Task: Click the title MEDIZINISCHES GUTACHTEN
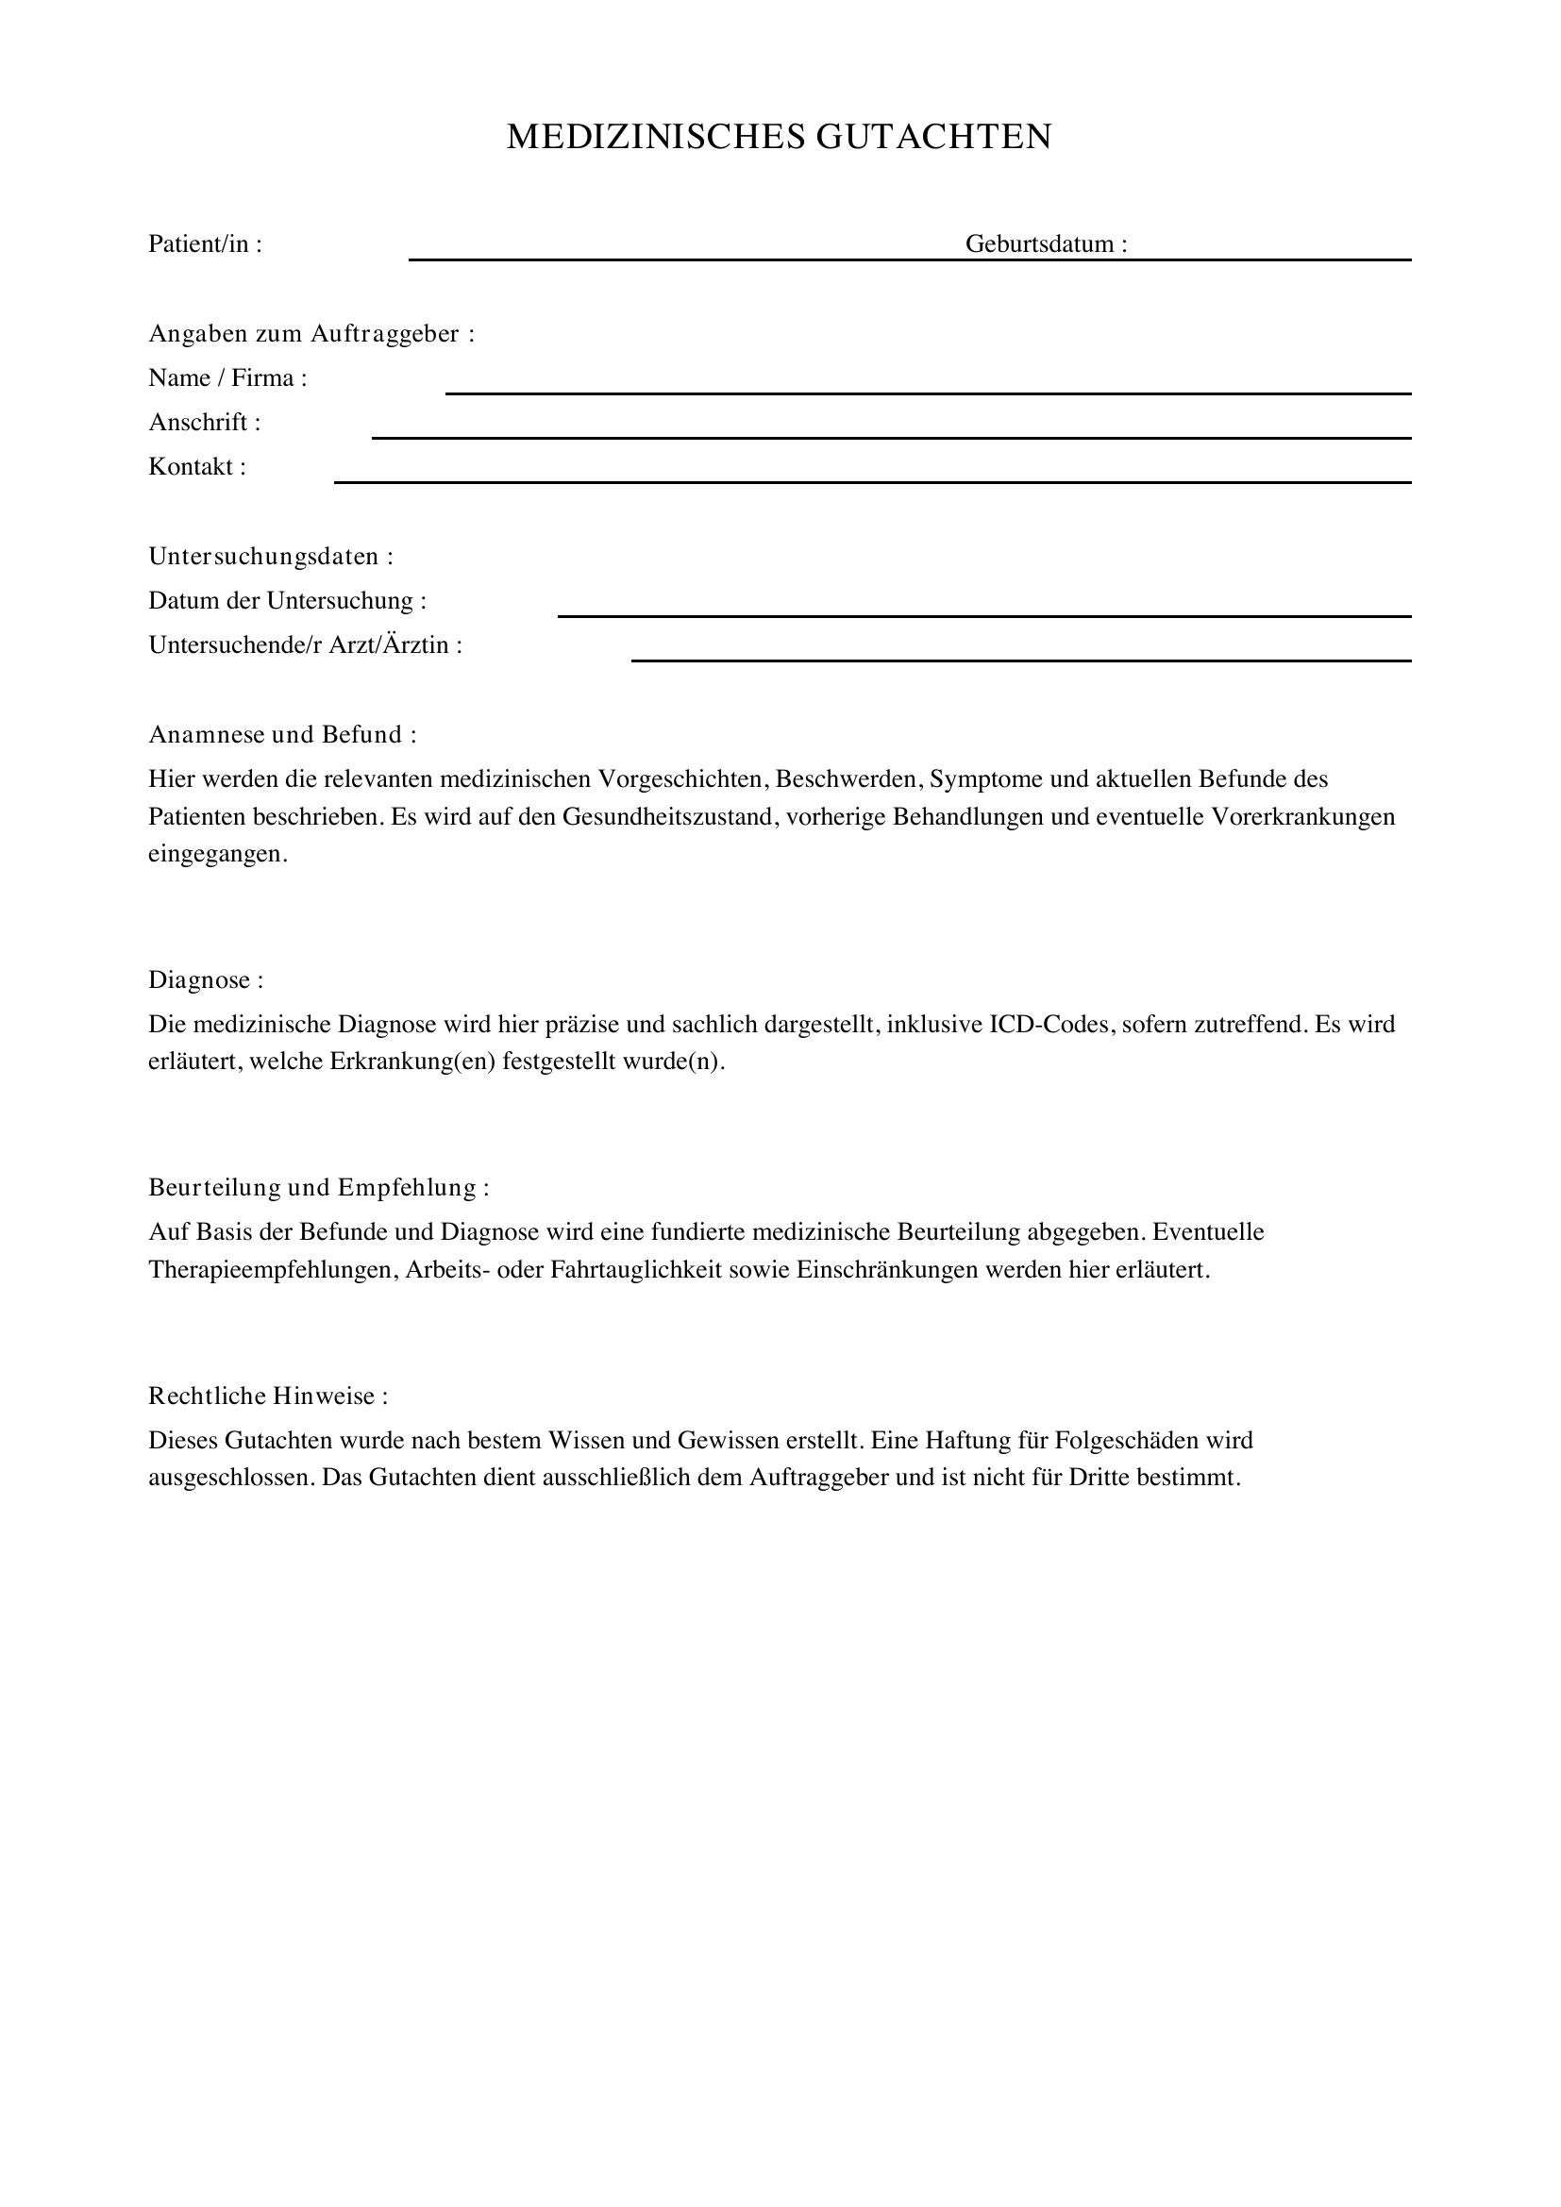pos(779,137)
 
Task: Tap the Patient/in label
pos(205,244)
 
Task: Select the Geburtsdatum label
pos(1046,244)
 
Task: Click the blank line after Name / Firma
pos(928,389)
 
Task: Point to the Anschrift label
pos(204,423)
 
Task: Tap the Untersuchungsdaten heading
pos(270,557)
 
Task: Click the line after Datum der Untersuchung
pos(983,611)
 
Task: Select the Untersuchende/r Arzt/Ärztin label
pos(305,645)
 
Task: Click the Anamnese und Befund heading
pos(281,734)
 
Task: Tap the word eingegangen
pos(217,855)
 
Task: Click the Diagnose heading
pos(205,980)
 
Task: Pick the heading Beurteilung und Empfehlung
pos(318,1188)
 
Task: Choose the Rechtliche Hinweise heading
pos(267,1396)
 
